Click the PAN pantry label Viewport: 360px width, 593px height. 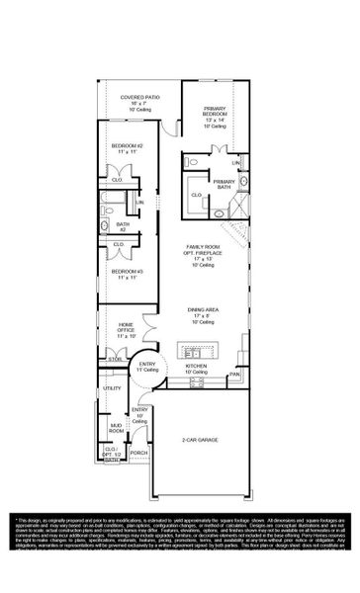tap(235, 375)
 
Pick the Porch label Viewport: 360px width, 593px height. tap(138, 454)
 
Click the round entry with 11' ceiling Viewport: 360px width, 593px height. tap(147, 367)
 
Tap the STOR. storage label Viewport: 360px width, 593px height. tap(115, 373)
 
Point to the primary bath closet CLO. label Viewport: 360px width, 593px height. tap(196, 195)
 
